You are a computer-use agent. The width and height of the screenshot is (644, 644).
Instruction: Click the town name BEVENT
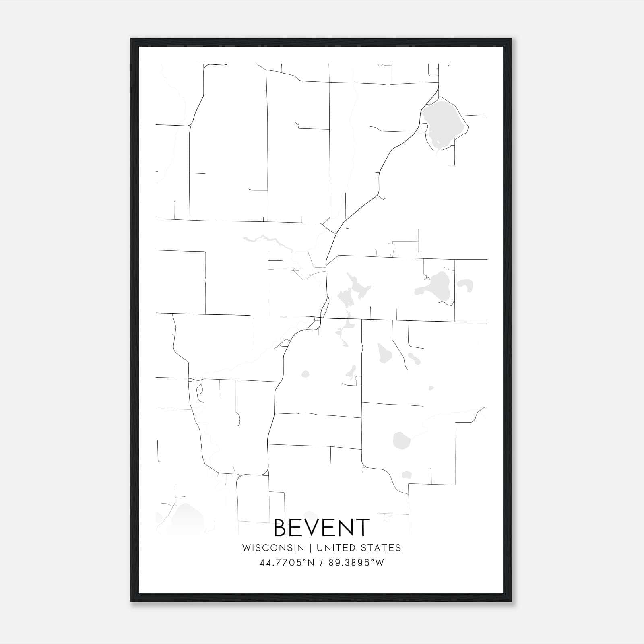coord(322,528)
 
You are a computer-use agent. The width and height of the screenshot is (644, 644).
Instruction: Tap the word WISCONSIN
coord(273,548)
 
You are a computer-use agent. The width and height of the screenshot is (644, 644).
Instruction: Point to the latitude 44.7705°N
coord(287,563)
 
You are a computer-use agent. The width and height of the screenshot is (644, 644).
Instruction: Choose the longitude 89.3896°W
coord(356,563)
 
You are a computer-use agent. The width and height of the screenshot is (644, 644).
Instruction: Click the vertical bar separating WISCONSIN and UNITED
coord(310,548)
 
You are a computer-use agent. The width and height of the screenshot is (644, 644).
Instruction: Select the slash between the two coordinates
coord(321,563)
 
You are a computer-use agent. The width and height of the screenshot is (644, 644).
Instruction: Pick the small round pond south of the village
coord(305,374)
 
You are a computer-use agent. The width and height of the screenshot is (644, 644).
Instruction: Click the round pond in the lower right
coord(400,440)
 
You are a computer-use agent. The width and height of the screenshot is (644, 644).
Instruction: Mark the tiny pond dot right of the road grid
coord(431,388)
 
